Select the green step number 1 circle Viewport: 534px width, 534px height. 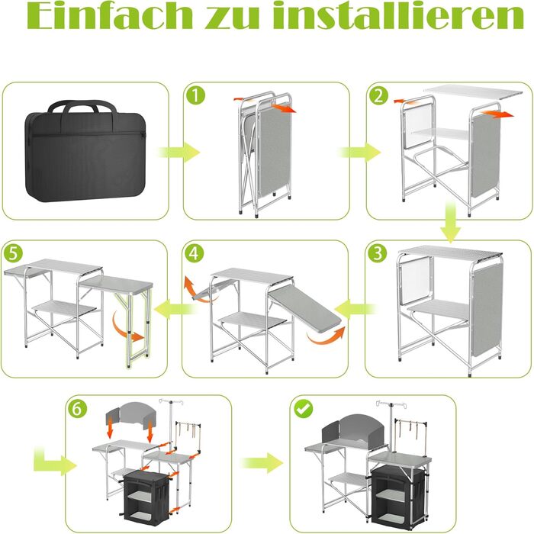coord(196,95)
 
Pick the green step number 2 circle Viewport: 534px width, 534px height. coord(378,95)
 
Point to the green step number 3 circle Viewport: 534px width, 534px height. coord(378,253)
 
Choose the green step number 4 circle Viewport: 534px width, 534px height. coord(194,253)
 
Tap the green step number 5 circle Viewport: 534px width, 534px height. coord(13,253)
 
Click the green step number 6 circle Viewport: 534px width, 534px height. coord(77,408)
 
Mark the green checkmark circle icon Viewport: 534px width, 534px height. coord(304,408)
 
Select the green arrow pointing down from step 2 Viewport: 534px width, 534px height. coord(450,222)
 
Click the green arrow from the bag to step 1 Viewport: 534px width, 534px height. coord(179,152)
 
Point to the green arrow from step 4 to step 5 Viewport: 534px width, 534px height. coord(175,310)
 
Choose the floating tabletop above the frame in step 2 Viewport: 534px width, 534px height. coord(473,92)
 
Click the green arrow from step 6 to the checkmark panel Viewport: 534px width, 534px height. coord(262,463)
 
